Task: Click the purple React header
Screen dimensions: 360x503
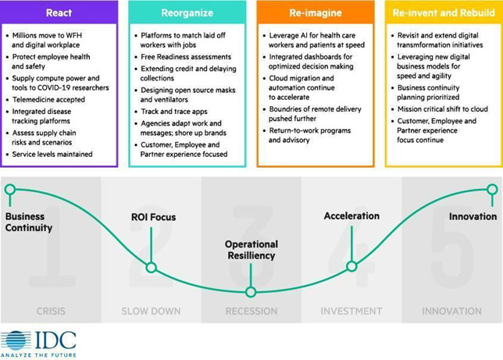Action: click(x=59, y=12)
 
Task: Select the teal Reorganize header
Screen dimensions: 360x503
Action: click(x=187, y=12)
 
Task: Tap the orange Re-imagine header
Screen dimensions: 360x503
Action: click(x=315, y=12)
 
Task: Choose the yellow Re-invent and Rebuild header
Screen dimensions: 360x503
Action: click(x=443, y=12)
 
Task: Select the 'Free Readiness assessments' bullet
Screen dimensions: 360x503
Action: click(x=186, y=57)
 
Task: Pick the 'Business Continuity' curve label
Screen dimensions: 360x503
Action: click(x=29, y=223)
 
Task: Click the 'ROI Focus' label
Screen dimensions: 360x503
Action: click(x=153, y=217)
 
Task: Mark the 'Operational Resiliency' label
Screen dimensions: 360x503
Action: click(x=251, y=250)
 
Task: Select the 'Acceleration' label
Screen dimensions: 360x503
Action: click(x=351, y=216)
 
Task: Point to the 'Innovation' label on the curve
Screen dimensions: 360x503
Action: click(x=473, y=216)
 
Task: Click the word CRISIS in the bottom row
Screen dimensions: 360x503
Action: click(x=51, y=312)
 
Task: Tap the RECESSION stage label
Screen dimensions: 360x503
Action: click(x=251, y=312)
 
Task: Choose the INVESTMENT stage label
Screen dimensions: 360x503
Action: click(x=351, y=312)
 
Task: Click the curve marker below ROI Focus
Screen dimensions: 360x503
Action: click(x=152, y=268)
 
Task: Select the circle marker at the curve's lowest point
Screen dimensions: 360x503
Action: click(x=251, y=292)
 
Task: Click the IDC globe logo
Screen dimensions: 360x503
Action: click(x=16, y=340)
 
